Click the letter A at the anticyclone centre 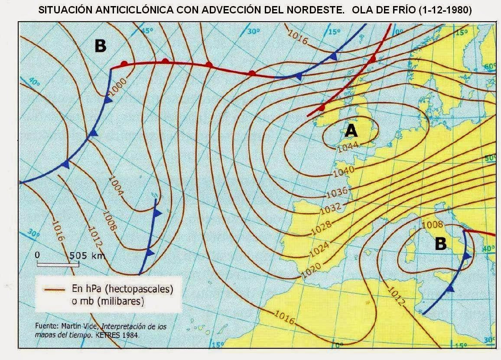pyautogui.click(x=351, y=130)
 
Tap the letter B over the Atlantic pyautogui.click(x=100, y=46)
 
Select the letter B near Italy pyautogui.click(x=440, y=244)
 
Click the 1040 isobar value pyautogui.click(x=344, y=171)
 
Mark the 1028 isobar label pyautogui.click(x=322, y=227)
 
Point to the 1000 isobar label pyautogui.click(x=118, y=85)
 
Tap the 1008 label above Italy pyautogui.click(x=432, y=224)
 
